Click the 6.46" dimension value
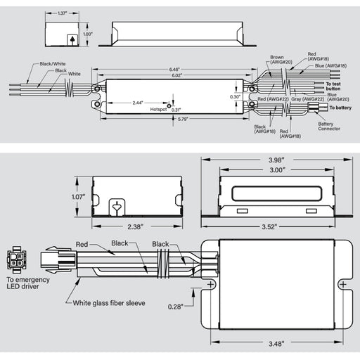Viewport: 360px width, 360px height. pyautogui.click(x=174, y=69)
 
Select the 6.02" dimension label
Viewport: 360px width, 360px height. pyautogui.click(x=174, y=75)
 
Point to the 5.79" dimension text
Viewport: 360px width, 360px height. pyautogui.click(x=174, y=117)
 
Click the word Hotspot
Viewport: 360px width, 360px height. pyautogui.click(x=159, y=110)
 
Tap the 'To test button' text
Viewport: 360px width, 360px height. pyautogui.click(x=335, y=86)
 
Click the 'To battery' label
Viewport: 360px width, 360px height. pyautogui.click(x=337, y=108)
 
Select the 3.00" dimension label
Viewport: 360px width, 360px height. pyautogui.click(x=278, y=169)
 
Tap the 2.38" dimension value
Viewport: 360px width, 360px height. pyautogui.click(x=137, y=226)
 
